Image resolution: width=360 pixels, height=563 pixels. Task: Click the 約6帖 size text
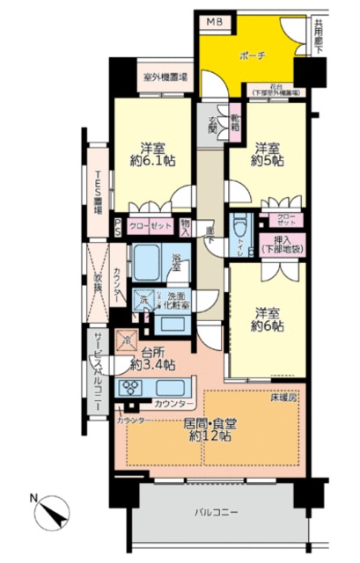coord(268,325)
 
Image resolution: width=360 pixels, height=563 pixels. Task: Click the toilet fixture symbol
coord(239,231)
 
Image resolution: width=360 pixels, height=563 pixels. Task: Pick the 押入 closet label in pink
coord(282,242)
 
